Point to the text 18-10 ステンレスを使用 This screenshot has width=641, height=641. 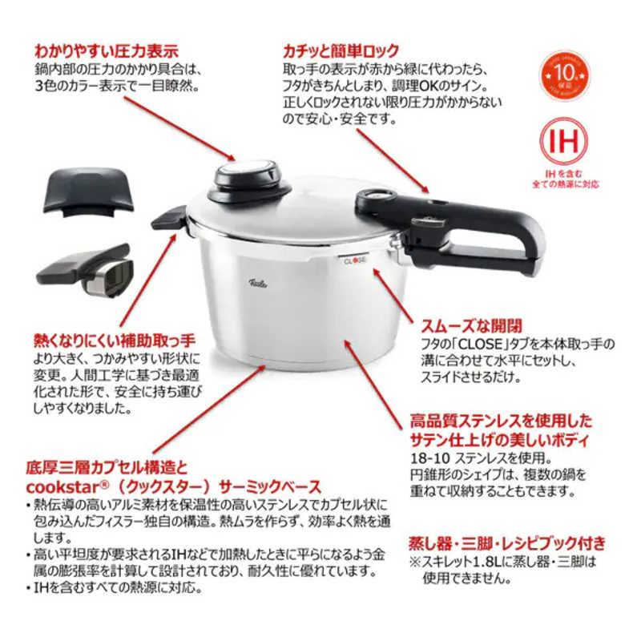[x=466, y=458]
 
